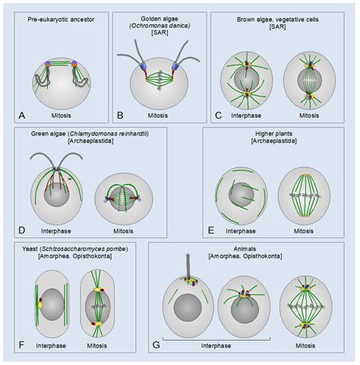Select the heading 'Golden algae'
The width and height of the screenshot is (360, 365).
tap(159, 16)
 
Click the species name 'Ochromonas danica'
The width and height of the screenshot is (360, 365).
tap(159, 25)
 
